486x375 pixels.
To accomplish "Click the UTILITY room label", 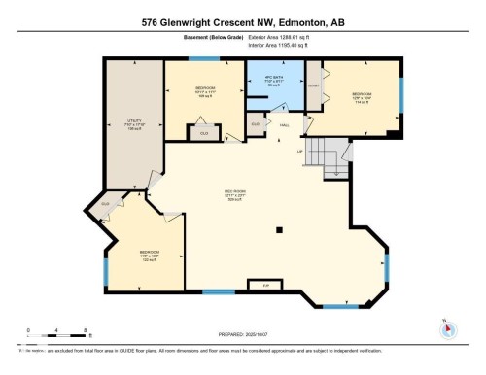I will coord(135,124).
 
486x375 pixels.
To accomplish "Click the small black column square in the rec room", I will coord(278,230).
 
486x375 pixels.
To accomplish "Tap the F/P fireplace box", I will coord(264,285).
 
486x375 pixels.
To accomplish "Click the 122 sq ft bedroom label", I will coord(142,259).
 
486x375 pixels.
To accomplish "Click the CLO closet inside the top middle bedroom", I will coord(204,133).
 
